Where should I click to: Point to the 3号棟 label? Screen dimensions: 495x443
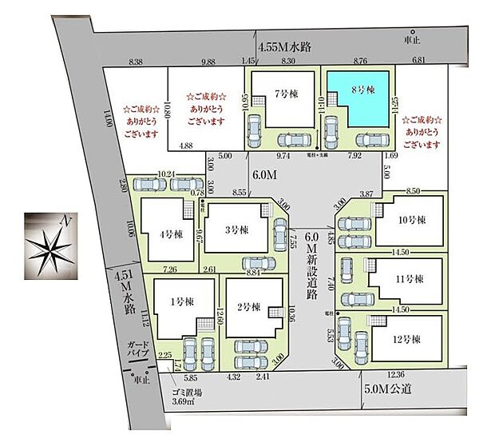pos(238,229)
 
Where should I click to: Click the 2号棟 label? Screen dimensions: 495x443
pos(251,305)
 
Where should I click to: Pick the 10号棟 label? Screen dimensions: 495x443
pos(411,221)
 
